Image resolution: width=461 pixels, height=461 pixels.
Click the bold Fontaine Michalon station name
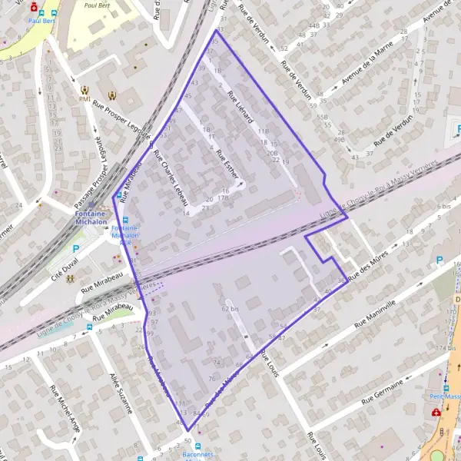point(91,217)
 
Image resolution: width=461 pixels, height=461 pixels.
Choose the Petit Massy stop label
point(445,396)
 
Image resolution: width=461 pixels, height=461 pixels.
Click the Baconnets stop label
point(198,455)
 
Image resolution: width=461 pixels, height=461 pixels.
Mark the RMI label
point(85,99)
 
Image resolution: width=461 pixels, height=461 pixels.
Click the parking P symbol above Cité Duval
point(75,249)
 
